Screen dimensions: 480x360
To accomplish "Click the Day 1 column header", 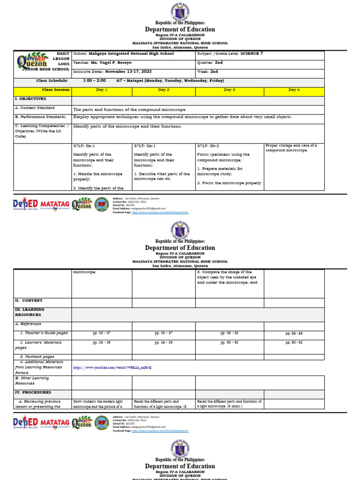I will pos(102,90).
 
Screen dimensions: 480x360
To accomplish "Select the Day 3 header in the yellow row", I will pos(229,90).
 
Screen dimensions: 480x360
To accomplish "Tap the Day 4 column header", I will pos(294,90).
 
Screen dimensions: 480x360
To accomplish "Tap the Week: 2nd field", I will pos(208,71).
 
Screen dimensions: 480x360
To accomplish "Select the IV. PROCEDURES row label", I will pos(33,392).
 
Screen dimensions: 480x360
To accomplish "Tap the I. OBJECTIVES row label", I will pos(31,99).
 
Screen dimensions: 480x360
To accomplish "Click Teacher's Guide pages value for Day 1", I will pos(102,333).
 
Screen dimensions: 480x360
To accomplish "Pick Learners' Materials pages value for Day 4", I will pos(294,343).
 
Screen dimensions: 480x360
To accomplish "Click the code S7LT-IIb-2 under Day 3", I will pos(209,146).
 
